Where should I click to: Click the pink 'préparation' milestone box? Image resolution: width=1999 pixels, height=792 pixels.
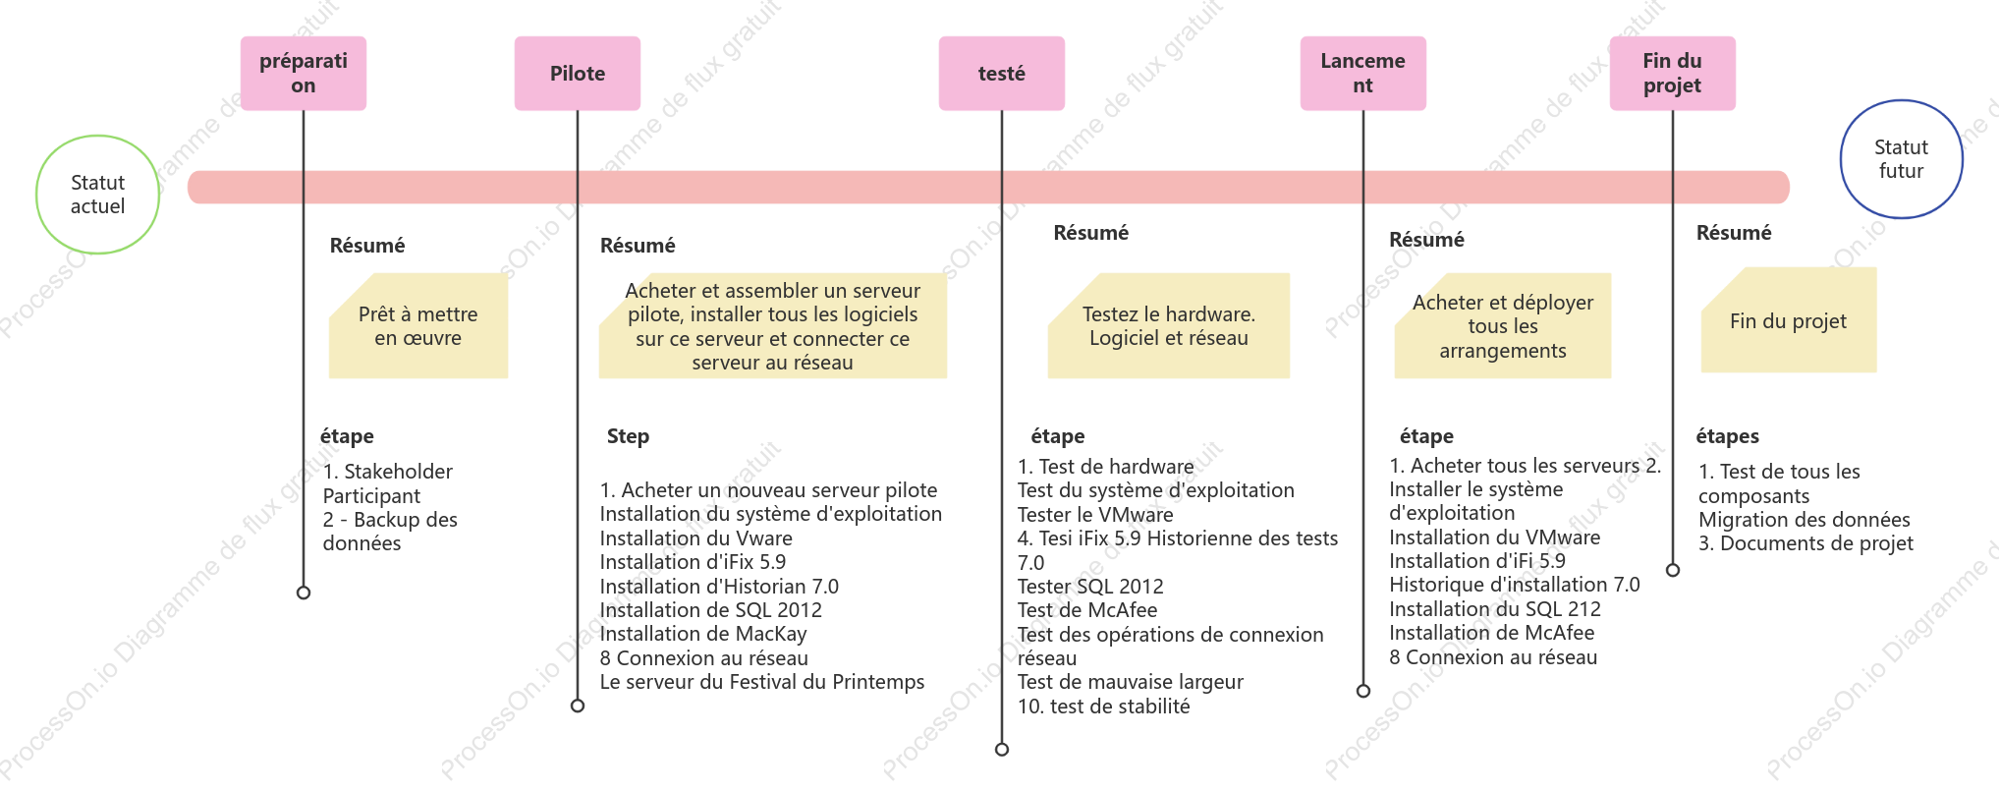[304, 74]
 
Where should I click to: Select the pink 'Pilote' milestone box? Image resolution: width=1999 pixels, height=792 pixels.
[578, 74]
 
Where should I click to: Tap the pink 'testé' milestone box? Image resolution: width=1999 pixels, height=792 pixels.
[1002, 74]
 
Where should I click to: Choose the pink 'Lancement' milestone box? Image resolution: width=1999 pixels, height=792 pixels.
[1363, 74]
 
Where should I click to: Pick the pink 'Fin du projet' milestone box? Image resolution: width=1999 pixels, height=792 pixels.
[1673, 74]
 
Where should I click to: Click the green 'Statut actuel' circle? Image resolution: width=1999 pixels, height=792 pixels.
[98, 195]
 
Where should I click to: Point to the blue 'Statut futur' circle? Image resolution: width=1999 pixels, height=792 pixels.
[1902, 159]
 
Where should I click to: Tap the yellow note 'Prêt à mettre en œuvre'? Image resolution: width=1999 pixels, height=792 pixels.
[418, 326]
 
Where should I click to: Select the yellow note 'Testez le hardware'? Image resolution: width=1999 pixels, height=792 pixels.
[1169, 326]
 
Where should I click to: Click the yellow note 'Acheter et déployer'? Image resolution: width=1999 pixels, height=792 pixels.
[1503, 326]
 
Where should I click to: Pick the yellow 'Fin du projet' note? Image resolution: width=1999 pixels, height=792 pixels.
[1789, 320]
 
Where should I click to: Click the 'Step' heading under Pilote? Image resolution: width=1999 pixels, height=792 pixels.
[628, 436]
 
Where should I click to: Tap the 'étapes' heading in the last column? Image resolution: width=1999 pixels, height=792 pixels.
[1728, 436]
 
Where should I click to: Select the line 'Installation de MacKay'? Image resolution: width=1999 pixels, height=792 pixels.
[703, 634]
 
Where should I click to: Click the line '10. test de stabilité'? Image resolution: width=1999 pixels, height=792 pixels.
[1104, 707]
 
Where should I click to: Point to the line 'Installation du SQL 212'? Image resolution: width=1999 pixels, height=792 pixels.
[1495, 609]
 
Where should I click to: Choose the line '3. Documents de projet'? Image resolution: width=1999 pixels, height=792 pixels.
[1806, 543]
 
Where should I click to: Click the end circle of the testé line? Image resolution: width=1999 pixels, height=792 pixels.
[1002, 750]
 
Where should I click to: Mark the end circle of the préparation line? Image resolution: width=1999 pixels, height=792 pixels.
[304, 593]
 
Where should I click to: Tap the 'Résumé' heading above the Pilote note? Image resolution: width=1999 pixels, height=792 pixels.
[638, 246]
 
